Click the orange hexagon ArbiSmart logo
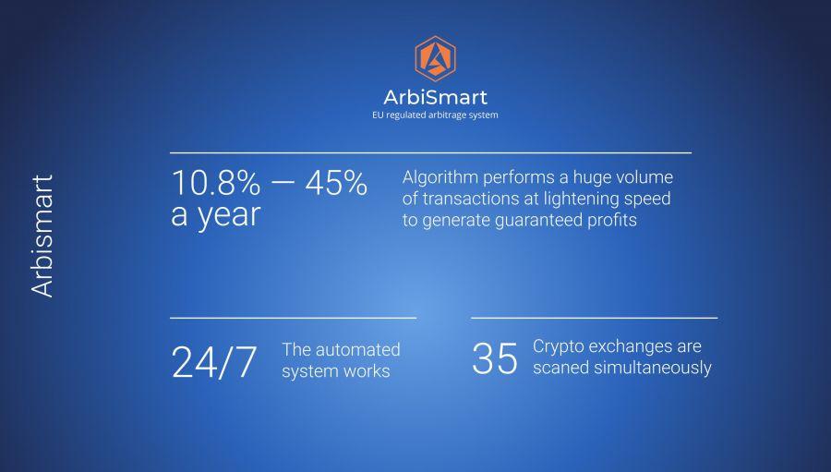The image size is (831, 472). pos(435,58)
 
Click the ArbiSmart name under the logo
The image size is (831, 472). pos(435,98)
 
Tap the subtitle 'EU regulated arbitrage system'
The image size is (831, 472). pos(435,115)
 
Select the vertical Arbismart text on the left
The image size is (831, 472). pos(42,236)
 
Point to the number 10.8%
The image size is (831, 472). pos(216,183)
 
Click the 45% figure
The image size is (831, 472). pos(336,183)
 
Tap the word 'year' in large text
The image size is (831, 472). pos(229,216)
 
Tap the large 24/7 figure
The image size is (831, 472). pos(214,362)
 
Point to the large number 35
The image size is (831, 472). pos(495,358)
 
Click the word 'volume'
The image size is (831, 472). pos(646,177)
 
